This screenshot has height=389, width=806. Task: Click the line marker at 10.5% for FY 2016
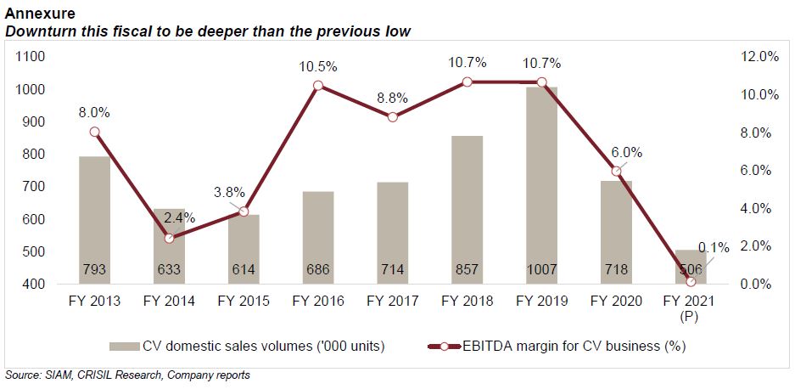tap(318, 86)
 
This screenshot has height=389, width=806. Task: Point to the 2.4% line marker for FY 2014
tap(169, 239)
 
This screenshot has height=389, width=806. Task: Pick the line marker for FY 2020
tap(616, 171)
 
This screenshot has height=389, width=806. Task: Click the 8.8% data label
tap(392, 98)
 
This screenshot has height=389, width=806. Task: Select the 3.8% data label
tap(243, 192)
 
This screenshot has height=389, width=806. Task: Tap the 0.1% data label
tap(713, 248)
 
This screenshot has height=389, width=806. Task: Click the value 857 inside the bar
tap(467, 270)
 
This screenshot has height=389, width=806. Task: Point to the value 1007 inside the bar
tap(540, 270)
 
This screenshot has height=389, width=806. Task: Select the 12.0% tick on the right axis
tap(760, 57)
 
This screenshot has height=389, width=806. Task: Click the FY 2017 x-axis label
tap(392, 301)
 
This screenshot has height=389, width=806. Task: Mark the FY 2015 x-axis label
tap(243, 301)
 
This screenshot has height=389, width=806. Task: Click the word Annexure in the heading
tap(40, 14)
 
